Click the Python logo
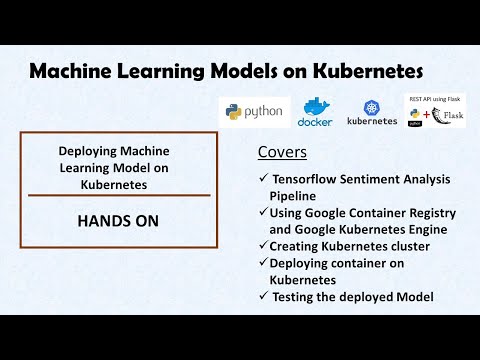253,112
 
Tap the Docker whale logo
314,111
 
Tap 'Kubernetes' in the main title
366,72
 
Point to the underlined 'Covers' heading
282,154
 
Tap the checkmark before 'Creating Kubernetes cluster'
263,245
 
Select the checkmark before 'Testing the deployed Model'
263,296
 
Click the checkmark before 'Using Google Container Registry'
263,212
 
